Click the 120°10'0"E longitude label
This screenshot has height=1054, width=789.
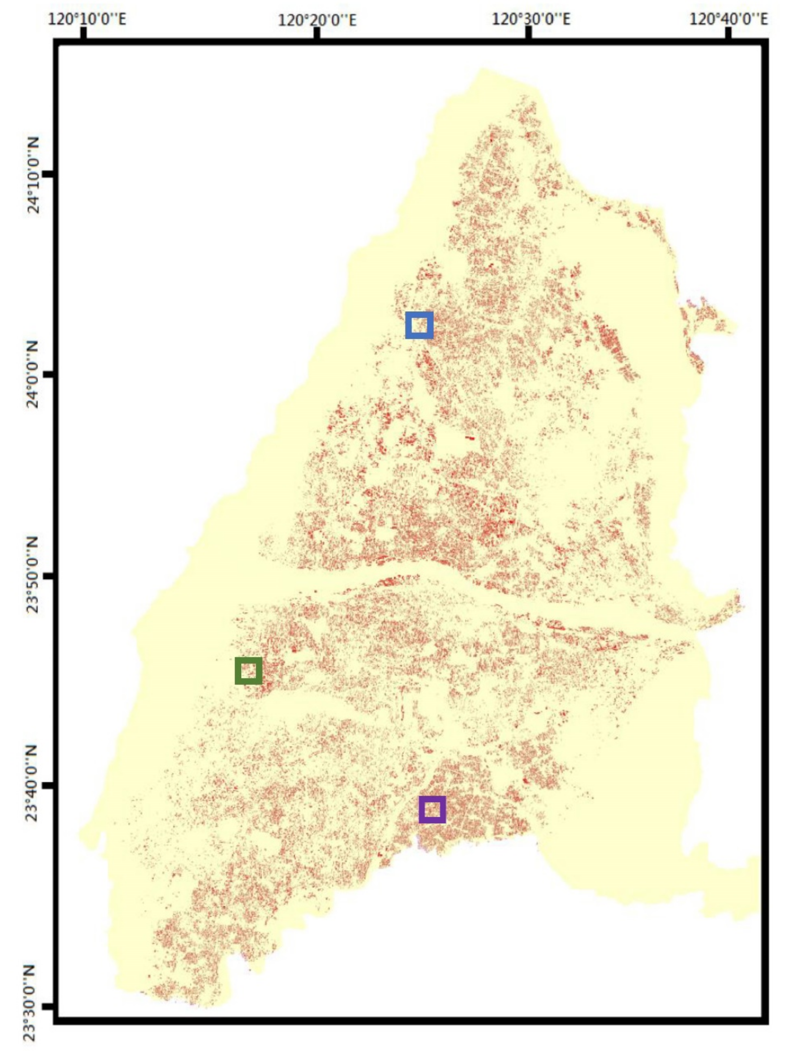[x=87, y=20]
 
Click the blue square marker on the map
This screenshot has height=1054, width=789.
[x=419, y=325]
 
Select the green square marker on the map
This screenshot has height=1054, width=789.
[x=249, y=671]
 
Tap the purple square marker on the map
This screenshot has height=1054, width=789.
[x=432, y=809]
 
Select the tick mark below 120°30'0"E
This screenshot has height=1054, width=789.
[x=528, y=33]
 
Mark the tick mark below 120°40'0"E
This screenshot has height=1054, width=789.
[x=727, y=33]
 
